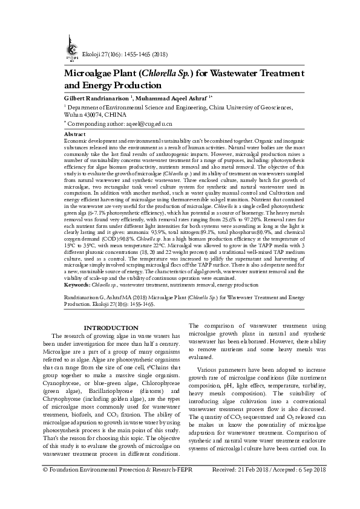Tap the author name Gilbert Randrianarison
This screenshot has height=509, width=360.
99,98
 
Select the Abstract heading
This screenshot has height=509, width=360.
74,133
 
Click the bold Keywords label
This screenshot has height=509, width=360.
79,283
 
